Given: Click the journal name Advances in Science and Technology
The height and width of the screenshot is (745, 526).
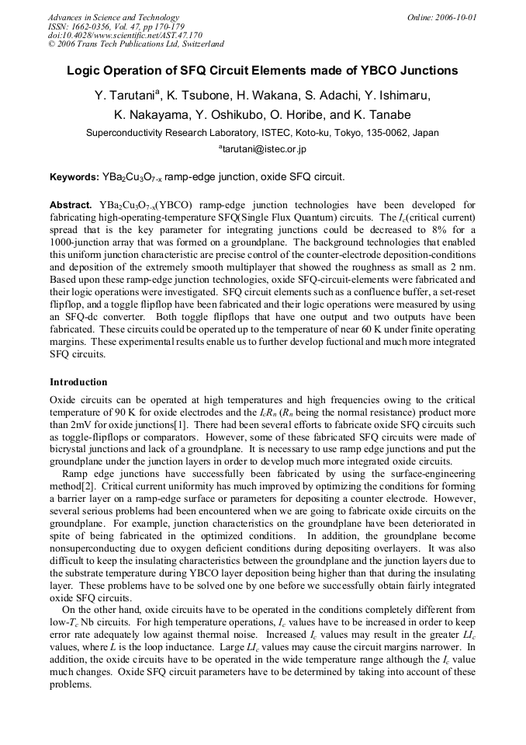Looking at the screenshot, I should click(113, 17).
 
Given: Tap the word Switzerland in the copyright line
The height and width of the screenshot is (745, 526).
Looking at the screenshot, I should click(199, 44).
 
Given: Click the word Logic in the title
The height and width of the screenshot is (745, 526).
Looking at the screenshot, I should click(84, 71).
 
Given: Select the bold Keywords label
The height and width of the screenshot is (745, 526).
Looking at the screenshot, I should click(74, 177).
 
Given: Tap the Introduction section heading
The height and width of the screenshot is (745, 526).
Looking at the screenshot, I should click(78, 382).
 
